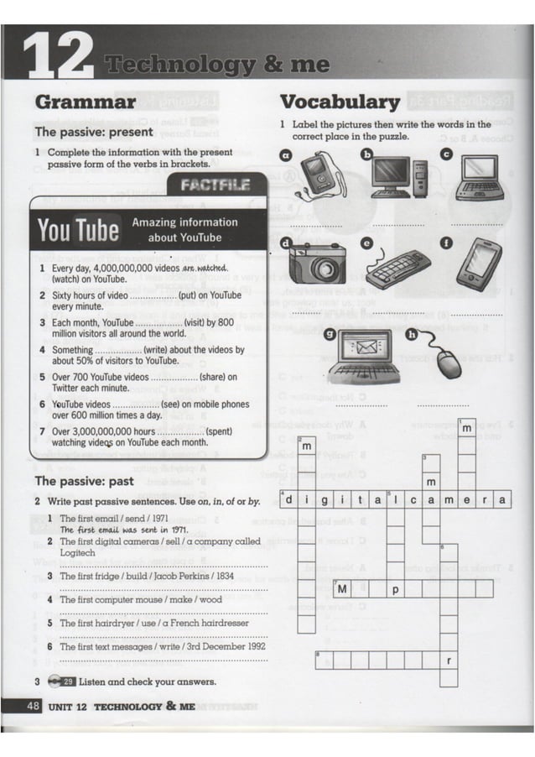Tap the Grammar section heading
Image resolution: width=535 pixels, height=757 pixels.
click(85, 102)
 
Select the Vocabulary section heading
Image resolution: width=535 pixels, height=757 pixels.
click(339, 102)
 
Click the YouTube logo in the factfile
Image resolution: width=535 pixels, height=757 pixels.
click(79, 230)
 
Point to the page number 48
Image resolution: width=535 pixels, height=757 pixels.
click(34, 706)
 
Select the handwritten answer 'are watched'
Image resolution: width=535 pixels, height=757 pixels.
click(205, 269)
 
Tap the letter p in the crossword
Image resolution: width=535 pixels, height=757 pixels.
click(395, 589)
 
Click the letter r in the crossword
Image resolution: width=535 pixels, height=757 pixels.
click(449, 661)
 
